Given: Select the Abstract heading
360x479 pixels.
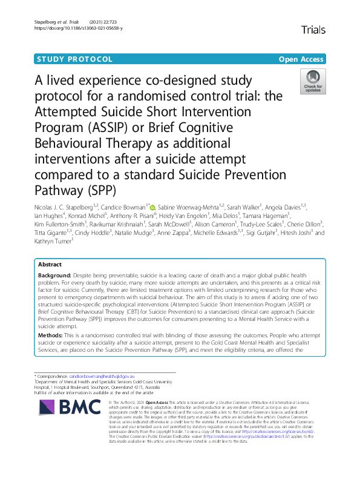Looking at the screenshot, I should click(x=50, y=265).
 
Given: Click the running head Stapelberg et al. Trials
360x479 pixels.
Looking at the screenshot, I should click(x=54, y=21).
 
